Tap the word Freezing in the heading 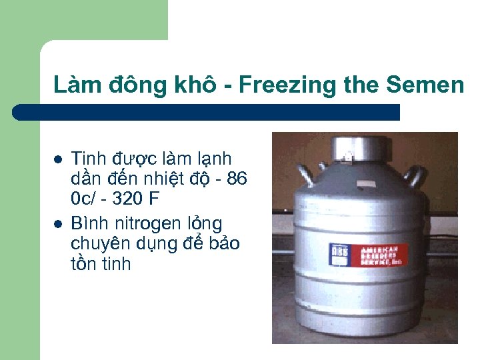[274, 85]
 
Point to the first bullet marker [58, 160]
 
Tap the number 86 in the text [237, 179]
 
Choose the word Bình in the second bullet [88, 222]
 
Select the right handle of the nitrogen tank [417, 175]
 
